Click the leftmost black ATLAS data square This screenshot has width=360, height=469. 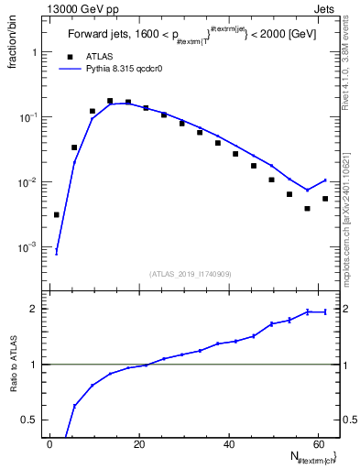(57, 215)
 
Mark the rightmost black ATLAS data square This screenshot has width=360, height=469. (325, 199)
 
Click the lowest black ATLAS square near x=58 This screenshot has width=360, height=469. (308, 209)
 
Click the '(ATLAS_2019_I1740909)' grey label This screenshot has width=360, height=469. (191, 274)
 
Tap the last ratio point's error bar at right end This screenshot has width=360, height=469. (325, 312)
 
